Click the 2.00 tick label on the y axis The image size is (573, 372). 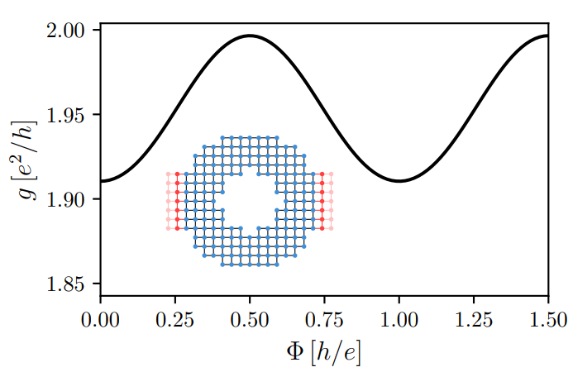[x=69, y=31]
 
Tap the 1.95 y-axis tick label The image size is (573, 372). [x=69, y=115]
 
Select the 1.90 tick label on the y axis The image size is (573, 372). [x=69, y=200]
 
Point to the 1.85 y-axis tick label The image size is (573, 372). [x=69, y=284]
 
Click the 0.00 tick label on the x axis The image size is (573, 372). [x=100, y=318]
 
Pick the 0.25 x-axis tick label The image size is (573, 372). [x=174, y=318]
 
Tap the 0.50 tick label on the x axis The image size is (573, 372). [x=250, y=318]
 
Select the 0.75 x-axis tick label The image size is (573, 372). [x=324, y=318]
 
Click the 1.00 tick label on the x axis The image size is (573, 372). [x=399, y=318]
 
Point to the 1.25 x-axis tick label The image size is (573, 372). [x=474, y=318]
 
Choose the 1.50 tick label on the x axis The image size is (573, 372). [x=548, y=318]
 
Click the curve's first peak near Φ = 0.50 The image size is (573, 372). [x=250, y=36]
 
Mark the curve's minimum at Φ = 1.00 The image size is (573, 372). [x=399, y=181]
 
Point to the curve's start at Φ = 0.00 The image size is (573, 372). [x=101, y=181]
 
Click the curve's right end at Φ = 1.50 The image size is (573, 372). [x=547, y=36]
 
